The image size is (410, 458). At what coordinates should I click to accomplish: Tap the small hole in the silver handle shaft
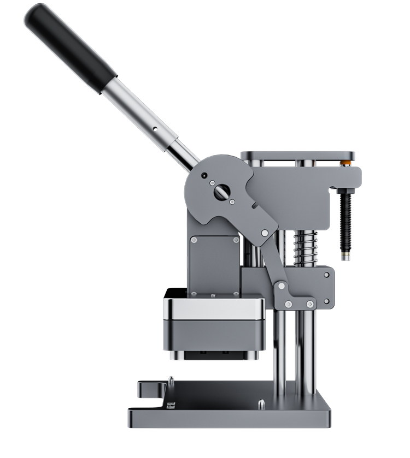(155, 130)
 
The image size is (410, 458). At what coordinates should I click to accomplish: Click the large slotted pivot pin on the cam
(221, 191)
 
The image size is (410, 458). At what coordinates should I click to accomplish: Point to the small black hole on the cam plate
(204, 176)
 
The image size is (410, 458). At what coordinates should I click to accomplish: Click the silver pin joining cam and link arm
(265, 233)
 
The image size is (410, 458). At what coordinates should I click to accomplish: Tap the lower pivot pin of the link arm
(282, 285)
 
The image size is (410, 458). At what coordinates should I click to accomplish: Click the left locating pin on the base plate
(171, 380)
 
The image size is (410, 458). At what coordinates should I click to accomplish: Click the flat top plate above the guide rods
(297, 156)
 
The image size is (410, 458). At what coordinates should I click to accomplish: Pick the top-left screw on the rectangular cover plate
(194, 239)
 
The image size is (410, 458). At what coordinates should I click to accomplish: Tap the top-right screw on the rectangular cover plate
(236, 239)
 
